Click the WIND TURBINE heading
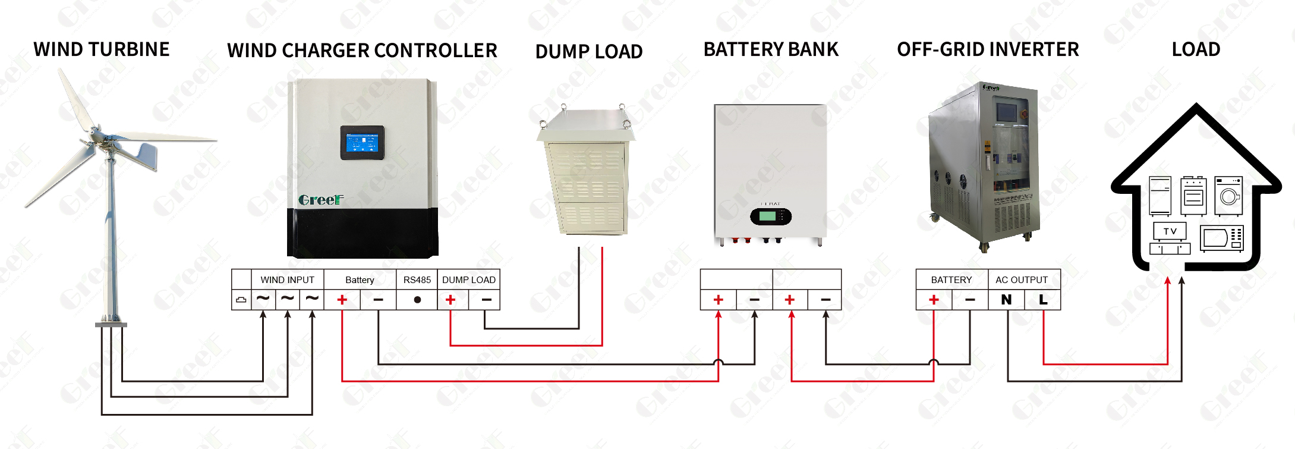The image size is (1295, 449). point(102,49)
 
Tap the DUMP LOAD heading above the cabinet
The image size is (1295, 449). point(588,52)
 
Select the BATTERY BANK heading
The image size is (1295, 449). point(771,49)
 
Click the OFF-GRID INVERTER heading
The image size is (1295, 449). point(988,49)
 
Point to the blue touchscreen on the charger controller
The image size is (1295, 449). point(362,143)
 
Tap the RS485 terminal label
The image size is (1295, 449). point(417,280)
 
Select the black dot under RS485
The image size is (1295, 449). point(417,300)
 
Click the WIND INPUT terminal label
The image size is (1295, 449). point(287,280)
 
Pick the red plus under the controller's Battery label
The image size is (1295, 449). point(342,300)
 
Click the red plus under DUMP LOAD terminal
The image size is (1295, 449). point(450,300)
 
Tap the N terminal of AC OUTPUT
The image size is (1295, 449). point(1006,300)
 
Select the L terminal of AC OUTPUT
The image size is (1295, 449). point(1043,300)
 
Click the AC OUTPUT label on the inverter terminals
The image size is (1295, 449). point(1021,280)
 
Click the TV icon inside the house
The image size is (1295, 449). point(1170,231)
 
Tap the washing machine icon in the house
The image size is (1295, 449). point(1228,195)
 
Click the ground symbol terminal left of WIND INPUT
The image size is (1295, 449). point(241,300)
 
